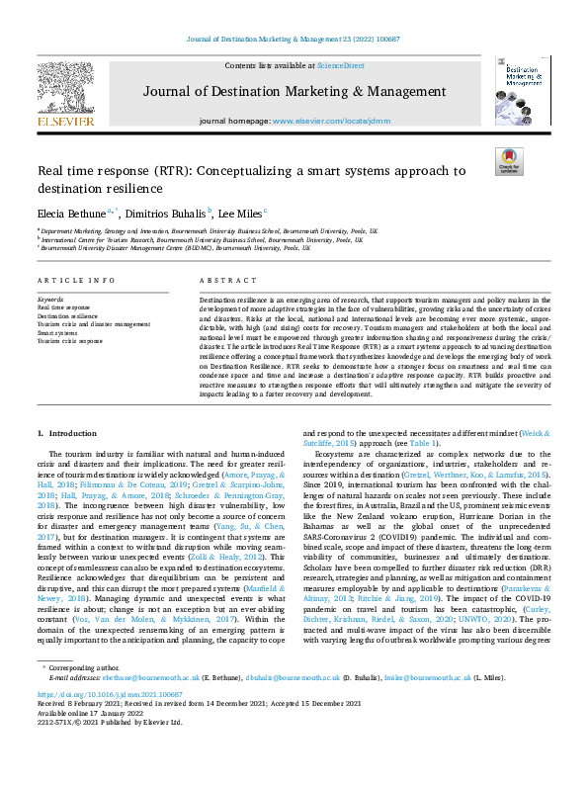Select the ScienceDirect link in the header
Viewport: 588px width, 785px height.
coord(340,64)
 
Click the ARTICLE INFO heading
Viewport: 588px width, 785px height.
coord(76,281)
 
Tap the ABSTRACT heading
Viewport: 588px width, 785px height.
coord(221,281)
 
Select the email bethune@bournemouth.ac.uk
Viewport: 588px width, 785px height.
coord(138,677)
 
